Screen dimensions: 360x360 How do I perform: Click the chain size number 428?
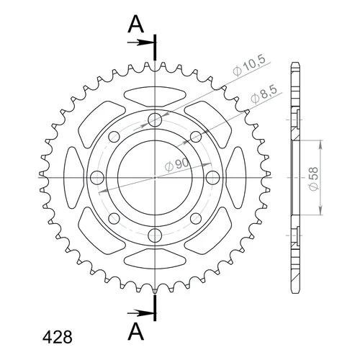click(57, 337)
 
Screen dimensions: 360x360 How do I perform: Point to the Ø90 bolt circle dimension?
click(177, 165)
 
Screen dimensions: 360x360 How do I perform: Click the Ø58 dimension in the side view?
click(314, 179)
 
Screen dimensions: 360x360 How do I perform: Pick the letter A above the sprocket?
click(136, 25)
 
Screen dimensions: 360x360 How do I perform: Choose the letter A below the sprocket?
click(136, 331)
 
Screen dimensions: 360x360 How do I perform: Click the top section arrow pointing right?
click(140, 43)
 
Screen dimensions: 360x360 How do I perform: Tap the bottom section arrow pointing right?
click(140, 313)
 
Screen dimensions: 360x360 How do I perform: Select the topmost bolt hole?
click(155, 120)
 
